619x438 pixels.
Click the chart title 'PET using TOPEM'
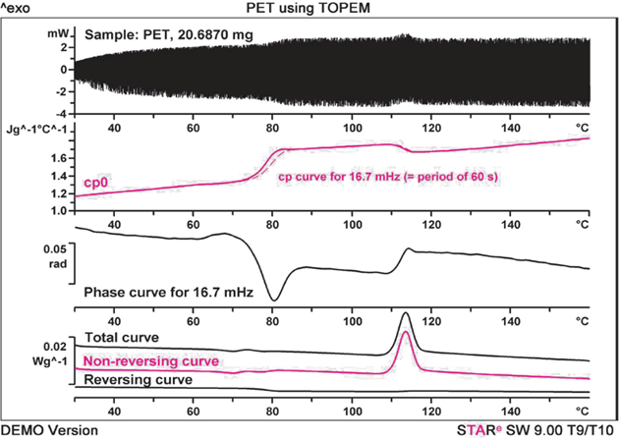309,8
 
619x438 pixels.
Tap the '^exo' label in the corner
18,9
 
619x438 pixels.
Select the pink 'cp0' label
95,183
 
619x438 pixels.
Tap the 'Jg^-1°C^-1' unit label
37,129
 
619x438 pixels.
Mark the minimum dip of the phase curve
275,300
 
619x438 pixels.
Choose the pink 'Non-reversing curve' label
151,360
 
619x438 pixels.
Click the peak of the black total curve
406,313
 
